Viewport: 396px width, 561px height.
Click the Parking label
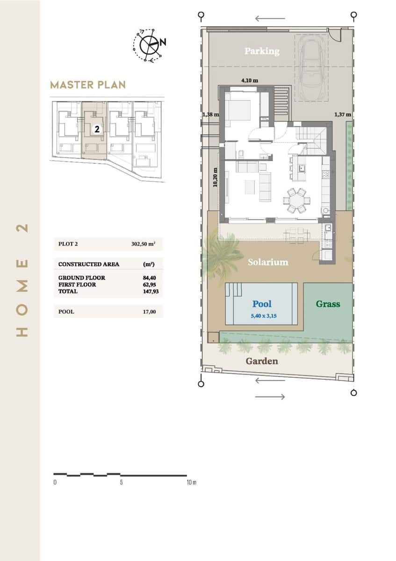tap(262, 51)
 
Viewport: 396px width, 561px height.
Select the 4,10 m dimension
tap(250, 80)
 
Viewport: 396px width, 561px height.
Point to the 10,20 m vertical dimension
tap(215, 177)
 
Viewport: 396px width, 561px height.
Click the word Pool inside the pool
tap(262, 304)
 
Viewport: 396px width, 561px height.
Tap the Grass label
tap(328, 304)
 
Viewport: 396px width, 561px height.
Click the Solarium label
tap(268, 262)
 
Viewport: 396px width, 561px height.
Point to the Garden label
tap(262, 361)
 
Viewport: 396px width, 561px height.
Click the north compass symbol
tap(150, 44)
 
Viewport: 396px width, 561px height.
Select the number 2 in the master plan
tap(97, 129)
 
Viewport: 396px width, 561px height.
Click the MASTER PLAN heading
tap(87, 85)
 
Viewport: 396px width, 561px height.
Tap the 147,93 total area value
tap(149, 291)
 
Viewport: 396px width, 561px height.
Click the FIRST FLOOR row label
tap(77, 284)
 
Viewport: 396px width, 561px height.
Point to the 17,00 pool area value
tap(150, 311)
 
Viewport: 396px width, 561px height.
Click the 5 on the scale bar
tap(121, 482)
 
